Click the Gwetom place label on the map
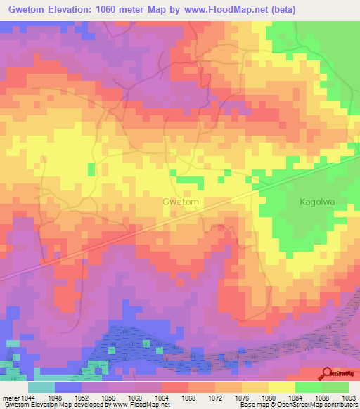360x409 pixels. [x=181, y=202]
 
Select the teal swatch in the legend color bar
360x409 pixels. [x=41, y=387]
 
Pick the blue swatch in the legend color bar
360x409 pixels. [x=68, y=387]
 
